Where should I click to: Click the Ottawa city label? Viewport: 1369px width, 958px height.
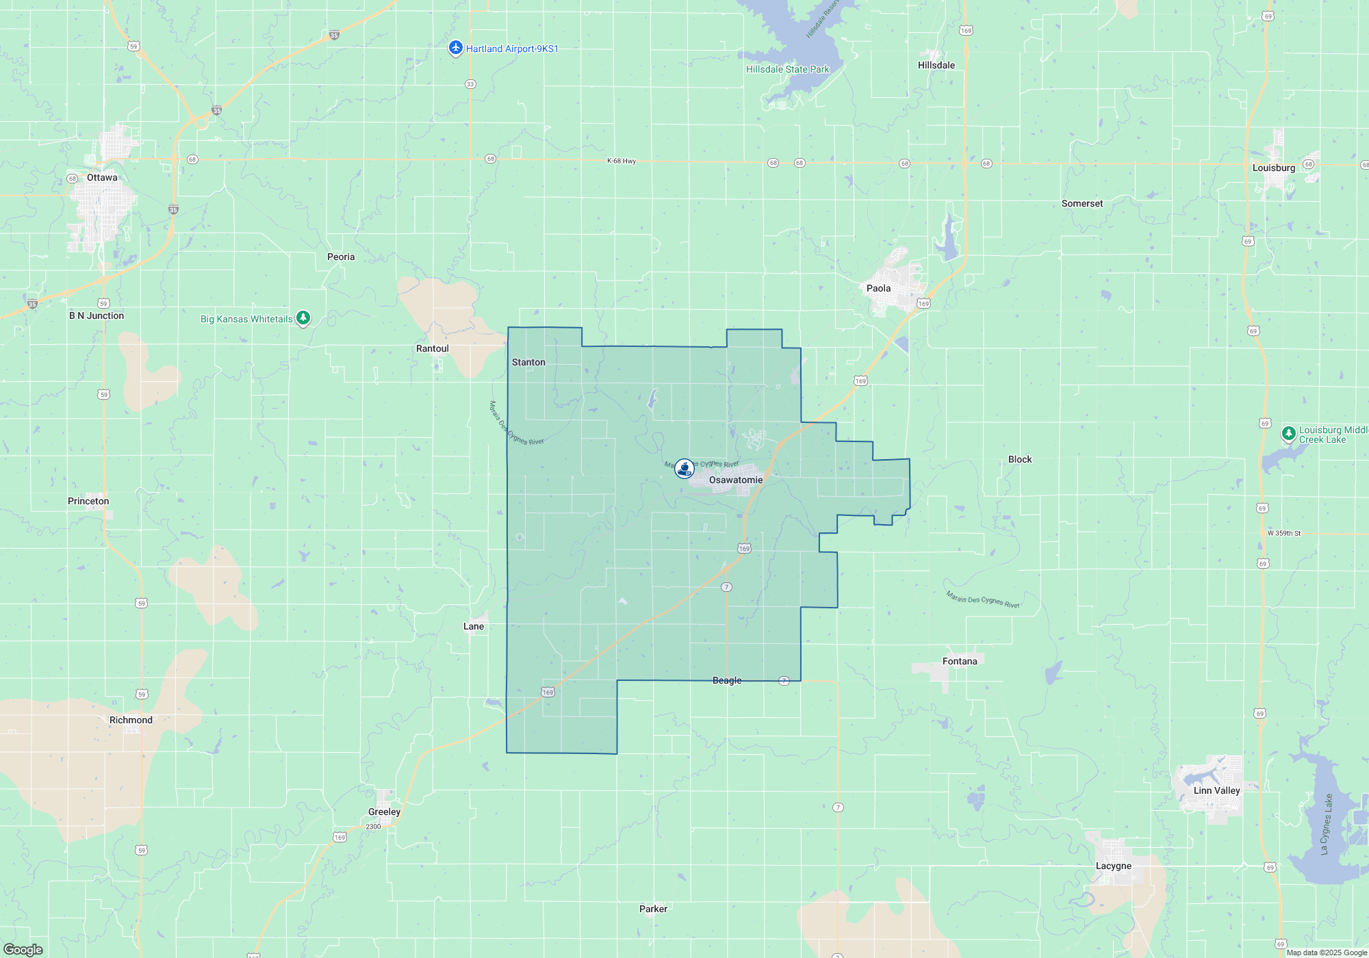tap(102, 178)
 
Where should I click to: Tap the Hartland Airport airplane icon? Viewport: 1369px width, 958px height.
tap(456, 48)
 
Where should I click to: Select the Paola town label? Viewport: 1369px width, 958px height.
tap(878, 288)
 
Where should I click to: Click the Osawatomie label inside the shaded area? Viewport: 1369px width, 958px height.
tap(736, 480)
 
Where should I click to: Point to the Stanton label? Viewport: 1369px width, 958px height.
tap(528, 362)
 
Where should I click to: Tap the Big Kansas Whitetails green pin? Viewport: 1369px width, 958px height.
tap(303, 318)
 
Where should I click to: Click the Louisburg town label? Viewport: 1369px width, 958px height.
tap(1273, 168)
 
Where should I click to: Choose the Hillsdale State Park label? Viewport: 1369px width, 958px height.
tap(787, 69)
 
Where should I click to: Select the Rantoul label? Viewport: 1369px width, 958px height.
tap(433, 348)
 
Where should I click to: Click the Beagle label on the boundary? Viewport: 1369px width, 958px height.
tap(727, 680)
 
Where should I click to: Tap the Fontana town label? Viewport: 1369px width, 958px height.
tap(960, 661)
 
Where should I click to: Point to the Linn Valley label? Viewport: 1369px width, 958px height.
tap(1216, 790)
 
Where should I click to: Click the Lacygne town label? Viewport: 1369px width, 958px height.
tap(1114, 866)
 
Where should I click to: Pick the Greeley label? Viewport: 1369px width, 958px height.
tap(384, 812)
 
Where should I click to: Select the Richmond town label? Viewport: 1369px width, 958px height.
tap(131, 720)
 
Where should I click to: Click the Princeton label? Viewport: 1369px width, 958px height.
tap(88, 501)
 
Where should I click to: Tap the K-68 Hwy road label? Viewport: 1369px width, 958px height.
tap(622, 161)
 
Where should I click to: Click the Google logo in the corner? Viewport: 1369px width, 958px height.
tap(23, 949)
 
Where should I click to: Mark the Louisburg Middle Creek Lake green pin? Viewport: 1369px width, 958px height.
tap(1288, 433)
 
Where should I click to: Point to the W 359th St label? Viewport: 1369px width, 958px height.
tap(1283, 533)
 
